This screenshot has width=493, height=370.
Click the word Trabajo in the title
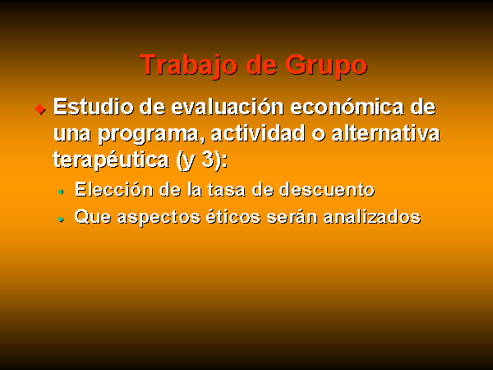point(188,66)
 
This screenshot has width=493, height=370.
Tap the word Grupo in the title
point(326,66)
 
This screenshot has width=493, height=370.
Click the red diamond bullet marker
point(40,109)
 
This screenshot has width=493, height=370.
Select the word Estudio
point(94,107)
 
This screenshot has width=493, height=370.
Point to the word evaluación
point(228,107)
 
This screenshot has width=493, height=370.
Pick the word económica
point(347,107)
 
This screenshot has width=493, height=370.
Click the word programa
point(149,135)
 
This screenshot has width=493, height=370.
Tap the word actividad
point(258,133)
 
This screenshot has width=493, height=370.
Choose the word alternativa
point(386,133)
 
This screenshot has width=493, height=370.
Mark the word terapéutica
point(111,160)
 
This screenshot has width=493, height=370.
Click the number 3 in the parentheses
point(208,160)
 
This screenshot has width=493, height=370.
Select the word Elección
point(114,190)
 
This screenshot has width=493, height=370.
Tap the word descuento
point(327,190)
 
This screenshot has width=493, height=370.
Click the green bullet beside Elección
point(61,192)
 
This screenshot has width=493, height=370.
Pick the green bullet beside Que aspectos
point(61,220)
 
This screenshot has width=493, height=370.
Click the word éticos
point(233,216)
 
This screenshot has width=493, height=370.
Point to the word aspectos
point(159,218)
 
